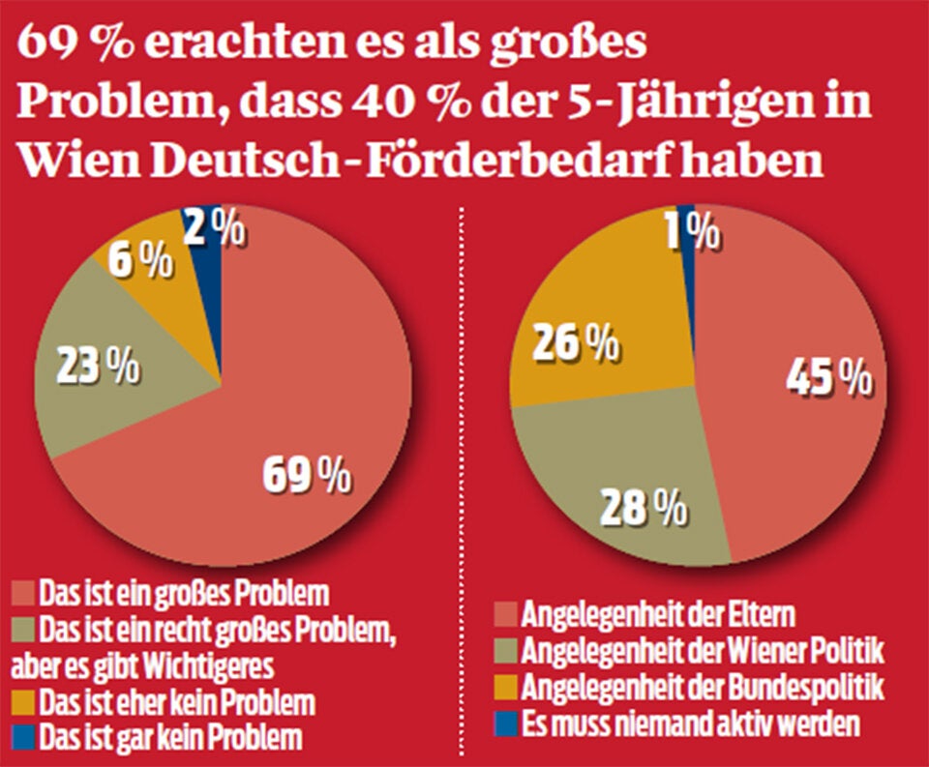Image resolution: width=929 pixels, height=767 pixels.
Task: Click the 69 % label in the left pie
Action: click(307, 475)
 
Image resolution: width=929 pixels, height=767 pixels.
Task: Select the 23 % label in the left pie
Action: click(98, 368)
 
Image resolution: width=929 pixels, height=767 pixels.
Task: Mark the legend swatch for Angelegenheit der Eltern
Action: click(505, 613)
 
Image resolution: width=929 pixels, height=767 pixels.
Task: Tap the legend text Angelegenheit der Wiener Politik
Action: click(703, 650)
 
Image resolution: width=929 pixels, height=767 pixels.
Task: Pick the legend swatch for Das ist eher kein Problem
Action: click(22, 699)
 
